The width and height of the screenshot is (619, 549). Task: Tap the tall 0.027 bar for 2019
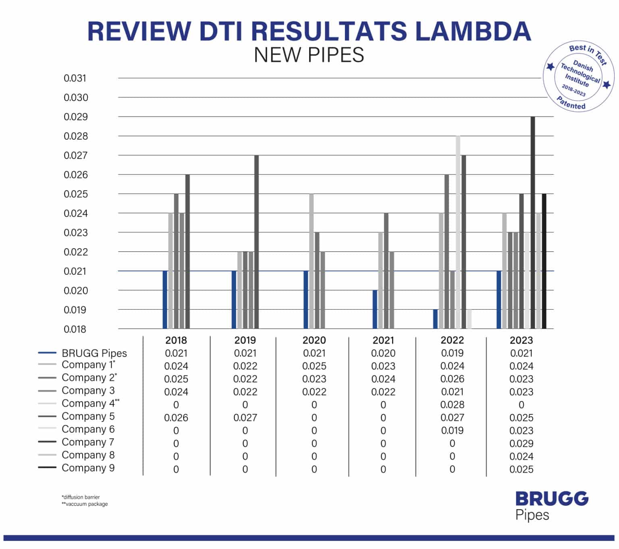click(x=256, y=242)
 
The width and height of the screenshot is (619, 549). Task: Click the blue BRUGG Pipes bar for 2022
click(x=435, y=319)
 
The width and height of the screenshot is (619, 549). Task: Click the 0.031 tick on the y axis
click(x=75, y=78)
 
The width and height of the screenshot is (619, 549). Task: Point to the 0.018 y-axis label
click(x=75, y=329)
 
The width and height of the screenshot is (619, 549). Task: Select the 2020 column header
click(x=314, y=340)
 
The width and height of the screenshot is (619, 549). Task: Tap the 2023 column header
click(x=521, y=340)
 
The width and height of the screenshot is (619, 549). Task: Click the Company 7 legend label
click(x=88, y=442)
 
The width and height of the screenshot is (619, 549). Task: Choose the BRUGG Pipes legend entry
click(x=94, y=353)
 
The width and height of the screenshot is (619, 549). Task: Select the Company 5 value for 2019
click(x=245, y=418)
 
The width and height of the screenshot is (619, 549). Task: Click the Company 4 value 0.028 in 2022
click(x=452, y=405)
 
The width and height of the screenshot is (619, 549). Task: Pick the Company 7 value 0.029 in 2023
click(x=521, y=443)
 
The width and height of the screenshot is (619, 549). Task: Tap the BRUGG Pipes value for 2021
click(x=383, y=353)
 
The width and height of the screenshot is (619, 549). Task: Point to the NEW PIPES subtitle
click(x=309, y=55)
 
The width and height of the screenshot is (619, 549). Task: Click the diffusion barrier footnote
click(x=81, y=497)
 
